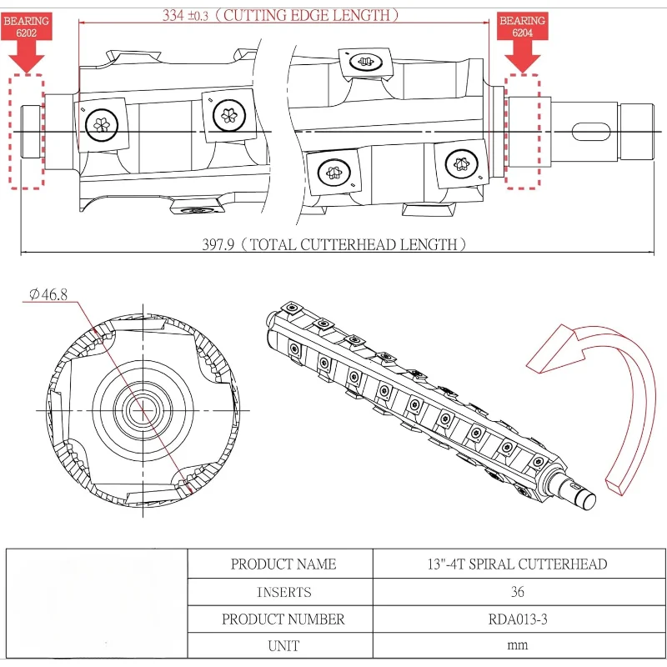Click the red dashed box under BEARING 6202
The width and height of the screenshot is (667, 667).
coord(26,131)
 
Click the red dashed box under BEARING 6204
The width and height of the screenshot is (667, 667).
coord(522,131)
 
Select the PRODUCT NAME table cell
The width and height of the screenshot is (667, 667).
coord(283,564)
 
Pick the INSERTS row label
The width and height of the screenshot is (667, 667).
coord(283,592)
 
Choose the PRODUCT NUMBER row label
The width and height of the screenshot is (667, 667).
coord(283,619)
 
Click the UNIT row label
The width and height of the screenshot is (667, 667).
coord(283,645)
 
